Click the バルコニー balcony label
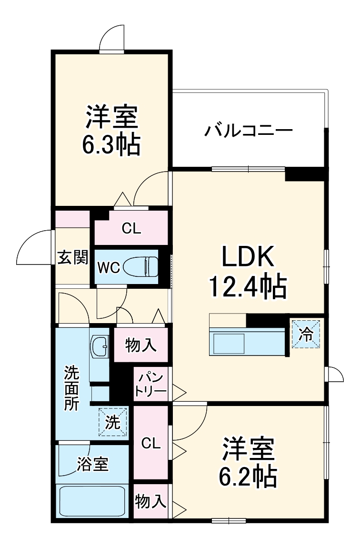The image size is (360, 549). pos(248,130)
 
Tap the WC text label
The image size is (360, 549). pos(109,267)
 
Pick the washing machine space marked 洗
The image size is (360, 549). pos(113,421)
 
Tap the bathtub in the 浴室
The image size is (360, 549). pos(91,500)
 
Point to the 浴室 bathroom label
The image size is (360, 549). pos(92,464)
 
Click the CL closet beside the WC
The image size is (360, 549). pos(131,229)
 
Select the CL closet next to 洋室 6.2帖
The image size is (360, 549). pos(150,443)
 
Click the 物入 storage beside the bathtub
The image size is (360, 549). pos(150,501)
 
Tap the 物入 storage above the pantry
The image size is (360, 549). pos(141,345)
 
